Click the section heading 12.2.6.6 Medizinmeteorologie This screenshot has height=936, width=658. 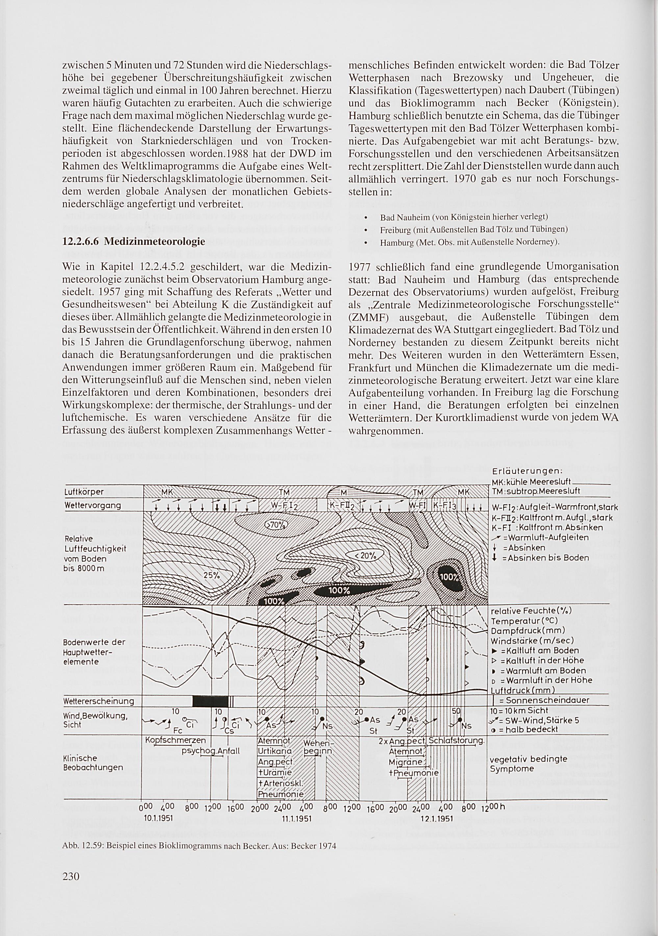pyautogui.click(x=133, y=242)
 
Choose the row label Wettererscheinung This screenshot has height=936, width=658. pyautogui.click(x=99, y=701)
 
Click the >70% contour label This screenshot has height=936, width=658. pyautogui.click(x=277, y=524)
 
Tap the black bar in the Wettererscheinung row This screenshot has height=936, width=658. pyautogui.click(x=210, y=701)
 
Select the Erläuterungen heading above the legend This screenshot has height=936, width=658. pyautogui.click(x=527, y=471)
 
